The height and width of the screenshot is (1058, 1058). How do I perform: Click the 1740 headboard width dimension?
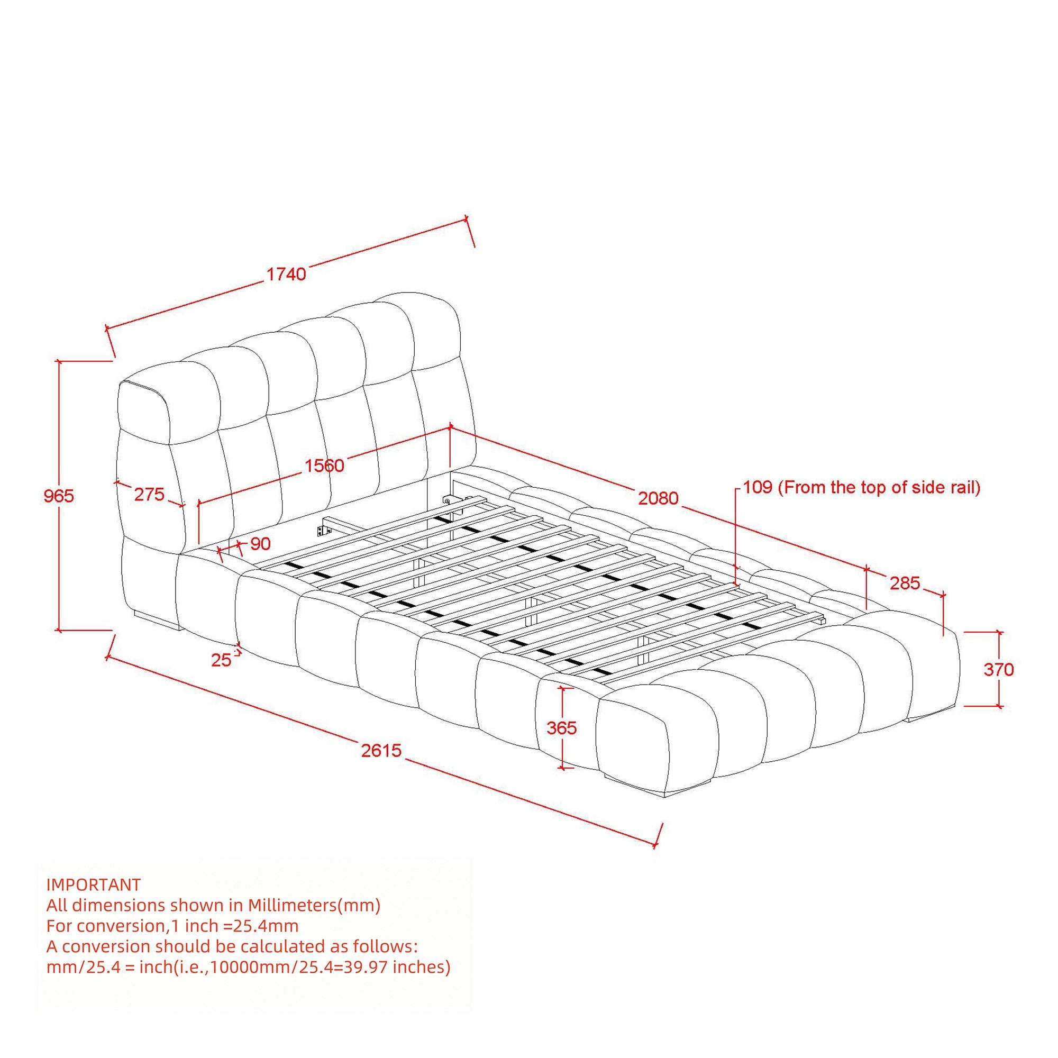click(x=286, y=274)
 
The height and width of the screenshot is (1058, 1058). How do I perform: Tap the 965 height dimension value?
click(x=59, y=496)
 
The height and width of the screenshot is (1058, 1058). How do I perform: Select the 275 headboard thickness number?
click(x=149, y=495)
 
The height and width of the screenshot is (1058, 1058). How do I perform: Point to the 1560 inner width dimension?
click(x=324, y=466)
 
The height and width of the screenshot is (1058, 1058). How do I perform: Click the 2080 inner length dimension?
click(x=658, y=498)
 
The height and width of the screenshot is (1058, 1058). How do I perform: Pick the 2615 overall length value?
click(x=381, y=750)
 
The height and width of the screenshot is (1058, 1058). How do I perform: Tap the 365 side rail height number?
click(x=562, y=728)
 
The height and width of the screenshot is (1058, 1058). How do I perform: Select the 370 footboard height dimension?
click(x=999, y=669)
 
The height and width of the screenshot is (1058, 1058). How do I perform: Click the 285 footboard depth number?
click(x=905, y=583)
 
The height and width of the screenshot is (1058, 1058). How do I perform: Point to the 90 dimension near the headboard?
click(x=261, y=544)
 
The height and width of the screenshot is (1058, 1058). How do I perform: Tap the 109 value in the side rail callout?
click(x=758, y=487)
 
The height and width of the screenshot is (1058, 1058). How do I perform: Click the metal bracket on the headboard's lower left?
click(x=324, y=531)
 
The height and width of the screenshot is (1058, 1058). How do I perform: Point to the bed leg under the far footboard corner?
click(x=929, y=714)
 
